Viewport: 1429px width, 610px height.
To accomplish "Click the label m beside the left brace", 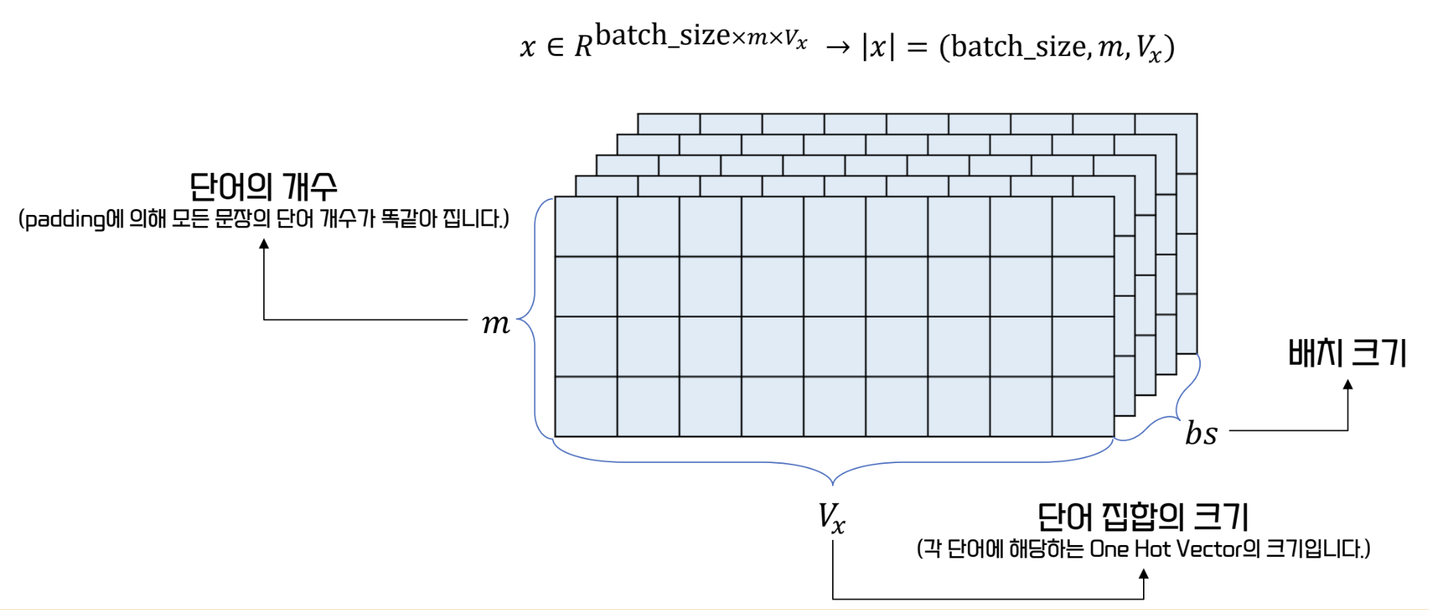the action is click(496, 324).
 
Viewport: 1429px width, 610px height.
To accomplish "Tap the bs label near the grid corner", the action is click(1201, 433).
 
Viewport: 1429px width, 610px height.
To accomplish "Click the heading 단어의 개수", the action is click(264, 187).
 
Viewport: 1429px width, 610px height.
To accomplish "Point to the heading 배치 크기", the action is click(1346, 353).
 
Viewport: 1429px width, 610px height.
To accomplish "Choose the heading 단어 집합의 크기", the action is click(1142, 516).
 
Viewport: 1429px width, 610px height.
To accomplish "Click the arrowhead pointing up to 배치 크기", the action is click(1348, 385).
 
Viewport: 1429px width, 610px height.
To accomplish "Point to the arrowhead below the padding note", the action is click(264, 244).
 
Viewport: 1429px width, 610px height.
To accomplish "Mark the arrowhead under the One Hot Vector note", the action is click(1144, 574).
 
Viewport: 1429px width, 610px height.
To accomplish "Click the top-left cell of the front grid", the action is click(586, 227).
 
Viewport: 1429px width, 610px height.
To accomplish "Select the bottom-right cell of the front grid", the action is click(1082, 406).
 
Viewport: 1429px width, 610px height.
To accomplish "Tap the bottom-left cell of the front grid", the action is click(586, 406).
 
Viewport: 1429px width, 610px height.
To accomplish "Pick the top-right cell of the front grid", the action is click(1082, 227).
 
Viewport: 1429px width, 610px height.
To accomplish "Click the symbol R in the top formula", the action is click(583, 47).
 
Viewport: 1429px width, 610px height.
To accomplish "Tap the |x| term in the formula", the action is click(878, 47).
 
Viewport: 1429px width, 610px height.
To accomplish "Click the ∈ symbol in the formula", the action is click(555, 47).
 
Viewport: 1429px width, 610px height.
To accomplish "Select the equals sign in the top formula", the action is click(916, 47).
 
